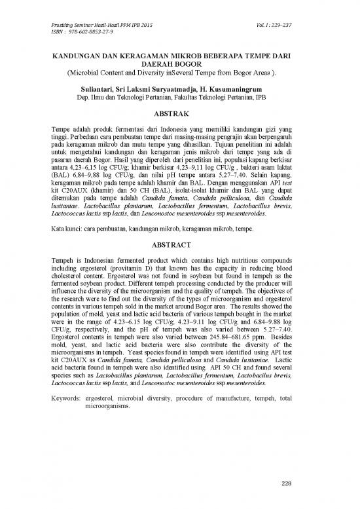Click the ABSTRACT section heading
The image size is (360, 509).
click(x=179, y=227)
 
